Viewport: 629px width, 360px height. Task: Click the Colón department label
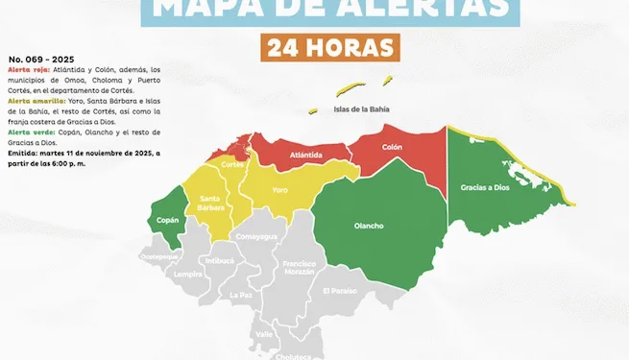click(x=392, y=148)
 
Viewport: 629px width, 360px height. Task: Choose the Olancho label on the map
click(x=369, y=226)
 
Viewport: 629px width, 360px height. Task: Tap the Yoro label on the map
click(x=280, y=190)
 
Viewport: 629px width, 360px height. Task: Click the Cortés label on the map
click(x=233, y=164)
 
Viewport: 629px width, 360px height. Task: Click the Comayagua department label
click(x=256, y=236)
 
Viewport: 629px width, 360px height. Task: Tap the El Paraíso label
click(x=340, y=290)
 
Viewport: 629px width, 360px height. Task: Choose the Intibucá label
click(x=219, y=260)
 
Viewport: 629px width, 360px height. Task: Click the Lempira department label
click(x=188, y=274)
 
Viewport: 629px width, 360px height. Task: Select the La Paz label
click(x=241, y=295)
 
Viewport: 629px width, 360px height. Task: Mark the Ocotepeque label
click(x=159, y=257)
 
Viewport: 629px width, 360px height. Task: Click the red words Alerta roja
click(x=25, y=70)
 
